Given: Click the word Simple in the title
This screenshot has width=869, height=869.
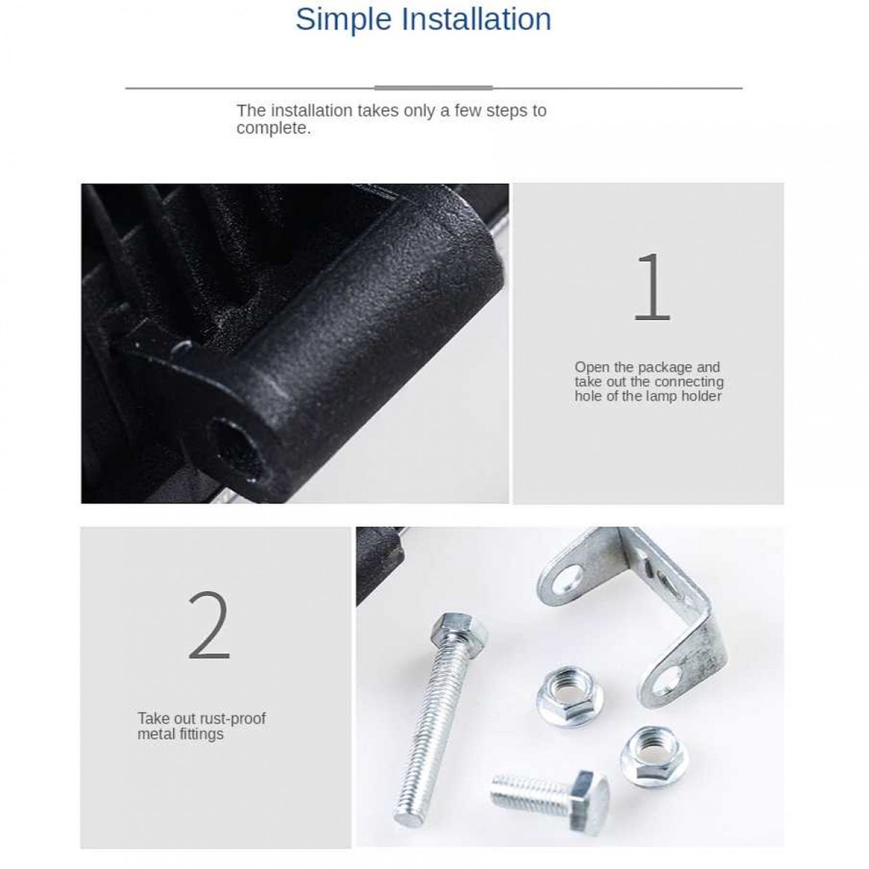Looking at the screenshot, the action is [x=344, y=20].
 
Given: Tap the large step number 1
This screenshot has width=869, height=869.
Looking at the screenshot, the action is [x=652, y=287].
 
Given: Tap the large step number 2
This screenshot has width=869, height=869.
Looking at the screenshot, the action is [x=209, y=625].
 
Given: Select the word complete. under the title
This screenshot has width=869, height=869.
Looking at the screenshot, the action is [x=273, y=129].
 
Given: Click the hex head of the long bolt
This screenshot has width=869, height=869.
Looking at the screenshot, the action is [x=459, y=628].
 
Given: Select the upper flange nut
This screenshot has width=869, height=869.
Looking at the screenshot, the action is [x=571, y=697].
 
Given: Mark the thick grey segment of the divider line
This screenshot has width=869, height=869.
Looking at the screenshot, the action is [x=434, y=87].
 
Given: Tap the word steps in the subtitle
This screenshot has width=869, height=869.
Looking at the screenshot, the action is [x=507, y=111].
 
